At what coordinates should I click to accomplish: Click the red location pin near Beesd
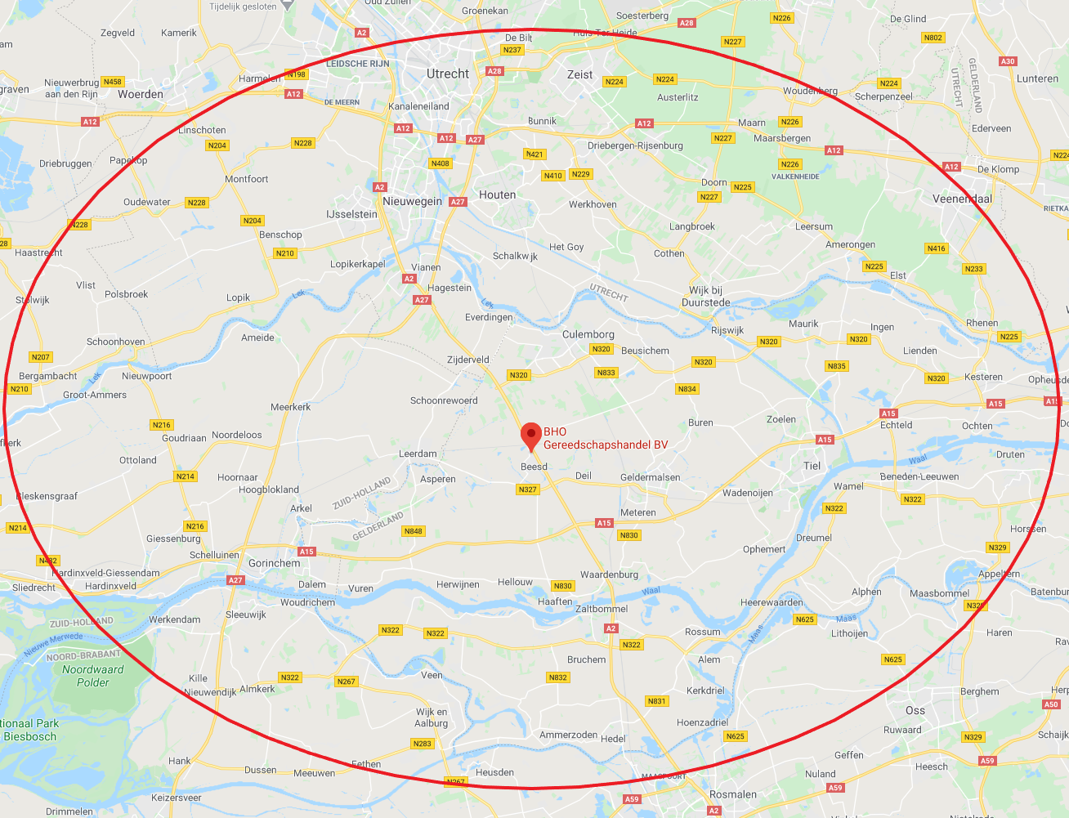tap(531, 434)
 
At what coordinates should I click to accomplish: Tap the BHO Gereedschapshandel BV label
tap(606, 438)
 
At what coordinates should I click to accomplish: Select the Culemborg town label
tap(588, 334)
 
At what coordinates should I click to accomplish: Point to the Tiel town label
tap(812, 466)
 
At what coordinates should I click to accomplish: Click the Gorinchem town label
tap(274, 563)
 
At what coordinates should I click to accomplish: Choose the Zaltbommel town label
tap(602, 609)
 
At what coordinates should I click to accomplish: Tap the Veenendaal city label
tap(962, 199)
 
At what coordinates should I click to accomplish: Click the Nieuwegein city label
tap(412, 201)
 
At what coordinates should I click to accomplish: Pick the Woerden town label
tap(141, 94)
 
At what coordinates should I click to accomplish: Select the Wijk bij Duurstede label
tap(705, 296)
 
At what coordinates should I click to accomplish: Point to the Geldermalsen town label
tap(650, 477)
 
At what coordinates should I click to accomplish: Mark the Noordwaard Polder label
tap(92, 676)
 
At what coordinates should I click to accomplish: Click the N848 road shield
tap(414, 531)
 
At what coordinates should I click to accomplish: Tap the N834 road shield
tap(687, 389)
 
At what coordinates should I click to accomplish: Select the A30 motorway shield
tap(1008, 61)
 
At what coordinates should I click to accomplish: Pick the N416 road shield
tap(936, 248)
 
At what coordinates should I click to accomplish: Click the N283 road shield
tap(422, 744)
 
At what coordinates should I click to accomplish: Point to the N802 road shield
tap(933, 38)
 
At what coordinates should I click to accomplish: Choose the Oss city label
tap(915, 710)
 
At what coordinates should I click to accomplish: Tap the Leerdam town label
tap(418, 454)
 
